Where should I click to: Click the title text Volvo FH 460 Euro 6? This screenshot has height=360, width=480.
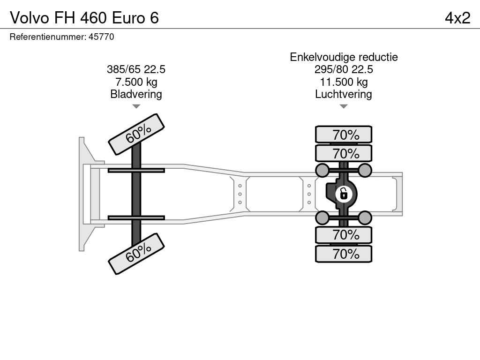(x=84, y=18)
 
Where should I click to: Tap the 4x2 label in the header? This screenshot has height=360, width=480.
(x=457, y=18)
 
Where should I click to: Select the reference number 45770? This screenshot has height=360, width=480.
(x=101, y=37)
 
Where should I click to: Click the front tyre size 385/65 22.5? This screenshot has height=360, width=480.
(x=136, y=69)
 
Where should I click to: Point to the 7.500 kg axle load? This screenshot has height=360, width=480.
(x=136, y=82)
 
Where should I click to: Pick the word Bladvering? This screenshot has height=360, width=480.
(x=136, y=94)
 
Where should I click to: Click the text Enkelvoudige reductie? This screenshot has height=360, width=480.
(x=344, y=57)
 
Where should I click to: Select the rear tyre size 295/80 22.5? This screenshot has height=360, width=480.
(x=344, y=69)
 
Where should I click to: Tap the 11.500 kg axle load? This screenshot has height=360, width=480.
(x=344, y=82)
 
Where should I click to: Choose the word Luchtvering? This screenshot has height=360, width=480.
(x=344, y=94)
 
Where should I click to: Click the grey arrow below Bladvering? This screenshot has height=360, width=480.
(x=136, y=106)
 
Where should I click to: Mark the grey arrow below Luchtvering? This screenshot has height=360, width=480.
(x=344, y=106)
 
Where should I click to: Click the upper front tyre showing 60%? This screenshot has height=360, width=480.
(x=136, y=135)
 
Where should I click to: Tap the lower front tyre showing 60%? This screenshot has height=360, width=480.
(x=136, y=254)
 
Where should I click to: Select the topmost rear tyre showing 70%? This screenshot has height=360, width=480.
(x=344, y=135)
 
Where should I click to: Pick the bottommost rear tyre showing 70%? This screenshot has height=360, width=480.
(x=344, y=254)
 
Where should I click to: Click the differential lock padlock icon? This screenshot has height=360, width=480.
(x=344, y=194)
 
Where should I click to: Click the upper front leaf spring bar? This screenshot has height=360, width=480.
(x=136, y=170)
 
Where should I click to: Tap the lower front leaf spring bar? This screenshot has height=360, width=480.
(x=136, y=217)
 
